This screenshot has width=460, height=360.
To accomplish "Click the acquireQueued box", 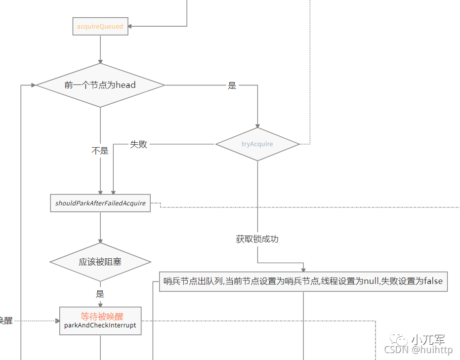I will pos(100,27).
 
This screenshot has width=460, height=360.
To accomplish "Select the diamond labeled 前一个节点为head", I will pos(100,85).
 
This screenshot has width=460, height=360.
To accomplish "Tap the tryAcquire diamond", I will pos(257,144).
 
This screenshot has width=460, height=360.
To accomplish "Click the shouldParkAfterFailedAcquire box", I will pos(100,203).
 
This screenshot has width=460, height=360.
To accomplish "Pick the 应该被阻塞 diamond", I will pos(100,262).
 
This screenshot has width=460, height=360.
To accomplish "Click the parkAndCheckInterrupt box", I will pos(100,321).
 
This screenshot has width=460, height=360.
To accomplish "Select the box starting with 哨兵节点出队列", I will pos(303,281).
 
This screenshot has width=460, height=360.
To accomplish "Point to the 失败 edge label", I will pos(139,144).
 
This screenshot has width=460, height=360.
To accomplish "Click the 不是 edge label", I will pos(100,151).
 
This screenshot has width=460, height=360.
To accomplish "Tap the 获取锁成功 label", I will pos(257,239).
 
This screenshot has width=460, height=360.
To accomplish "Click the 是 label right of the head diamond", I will pos(232,85).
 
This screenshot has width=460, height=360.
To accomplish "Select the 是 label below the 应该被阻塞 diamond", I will pos(100,294).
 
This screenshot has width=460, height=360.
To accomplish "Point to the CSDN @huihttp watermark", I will pos(418,350).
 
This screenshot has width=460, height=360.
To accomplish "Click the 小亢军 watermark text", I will pos(428,340).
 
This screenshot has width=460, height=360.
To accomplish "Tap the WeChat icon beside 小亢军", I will pos(399,339).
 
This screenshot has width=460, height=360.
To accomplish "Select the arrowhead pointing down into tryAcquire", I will pos(257,125).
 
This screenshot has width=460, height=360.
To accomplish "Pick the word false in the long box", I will pos(433,281).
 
